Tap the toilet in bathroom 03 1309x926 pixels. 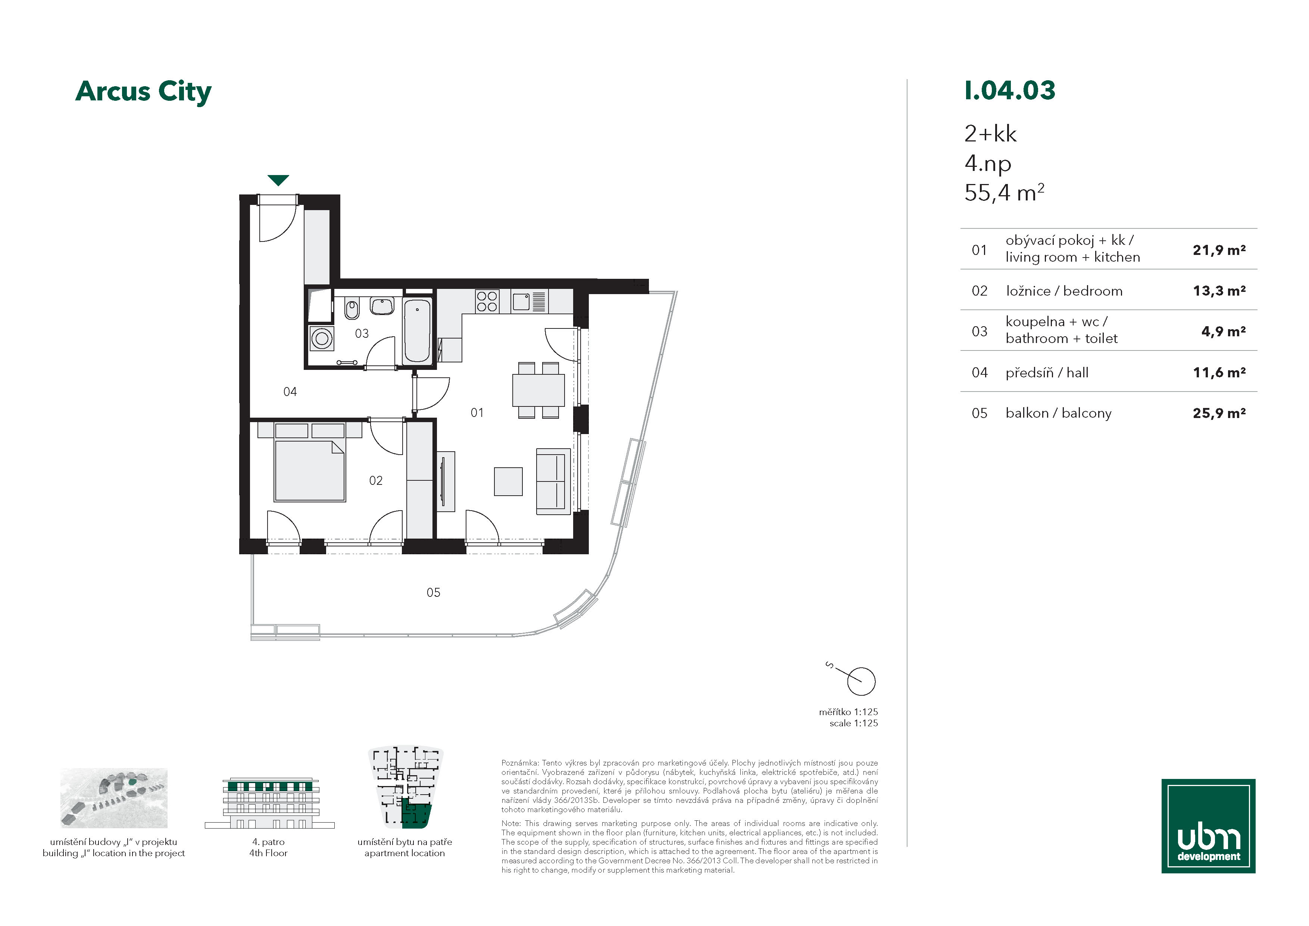352,309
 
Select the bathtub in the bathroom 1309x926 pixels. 417,331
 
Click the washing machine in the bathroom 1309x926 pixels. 322,338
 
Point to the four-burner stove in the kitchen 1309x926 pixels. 487,301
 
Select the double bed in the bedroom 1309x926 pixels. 310,462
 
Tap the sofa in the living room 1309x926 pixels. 553,481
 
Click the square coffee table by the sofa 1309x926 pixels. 508,481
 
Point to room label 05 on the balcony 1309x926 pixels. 433,592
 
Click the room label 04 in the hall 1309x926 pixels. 290,392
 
